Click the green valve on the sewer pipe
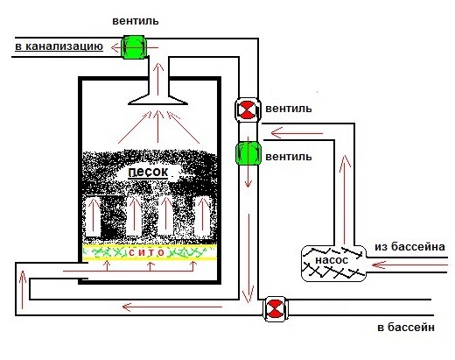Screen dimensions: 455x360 pos(133,47)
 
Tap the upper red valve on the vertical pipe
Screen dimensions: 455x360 pos(248,109)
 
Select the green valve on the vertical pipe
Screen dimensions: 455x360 pos(248,153)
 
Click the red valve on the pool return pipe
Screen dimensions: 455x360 pos(275,309)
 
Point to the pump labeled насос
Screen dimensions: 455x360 pos(333,264)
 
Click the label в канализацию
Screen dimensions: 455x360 pos(59,46)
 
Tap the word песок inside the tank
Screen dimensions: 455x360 pos(148,172)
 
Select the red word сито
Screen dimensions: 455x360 pos(147,252)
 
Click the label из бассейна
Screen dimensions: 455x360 pos(409,247)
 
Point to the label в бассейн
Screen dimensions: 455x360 pos(406,328)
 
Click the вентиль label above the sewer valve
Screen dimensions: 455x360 pos(136,21)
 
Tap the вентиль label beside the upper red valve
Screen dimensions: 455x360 pos(289,109)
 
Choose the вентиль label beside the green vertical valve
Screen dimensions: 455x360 pos(289,157)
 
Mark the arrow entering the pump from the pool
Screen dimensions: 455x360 pos(409,265)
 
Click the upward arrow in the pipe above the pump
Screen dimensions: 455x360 pos(345,200)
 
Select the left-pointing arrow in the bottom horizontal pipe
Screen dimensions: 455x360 pos(172,307)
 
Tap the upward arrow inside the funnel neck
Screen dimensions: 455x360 pos(158,79)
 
